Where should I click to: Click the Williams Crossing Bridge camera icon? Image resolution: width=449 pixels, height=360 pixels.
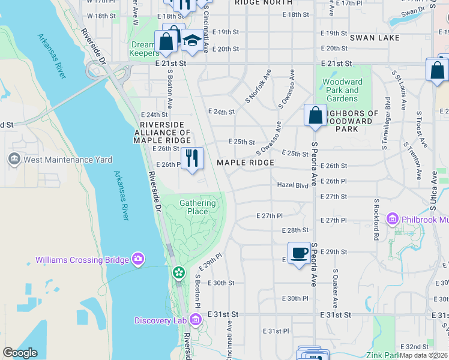click(139, 259)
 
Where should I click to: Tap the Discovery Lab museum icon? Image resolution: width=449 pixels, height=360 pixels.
click(194, 320)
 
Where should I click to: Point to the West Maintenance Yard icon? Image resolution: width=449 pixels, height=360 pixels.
click(13, 160)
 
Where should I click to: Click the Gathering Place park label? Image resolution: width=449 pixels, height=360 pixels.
click(197, 207)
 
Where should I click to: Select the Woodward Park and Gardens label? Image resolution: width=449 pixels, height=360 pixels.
click(343, 90)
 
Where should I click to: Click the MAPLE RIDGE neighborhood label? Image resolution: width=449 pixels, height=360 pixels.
click(245, 163)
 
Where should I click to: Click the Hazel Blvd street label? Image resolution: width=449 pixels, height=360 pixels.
click(292, 185)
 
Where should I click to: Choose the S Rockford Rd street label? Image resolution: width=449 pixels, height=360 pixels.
click(376, 220)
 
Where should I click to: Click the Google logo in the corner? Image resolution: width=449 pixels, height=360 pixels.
click(20, 353)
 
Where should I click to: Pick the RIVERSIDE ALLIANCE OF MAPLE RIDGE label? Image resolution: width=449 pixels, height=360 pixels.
click(162, 133)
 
